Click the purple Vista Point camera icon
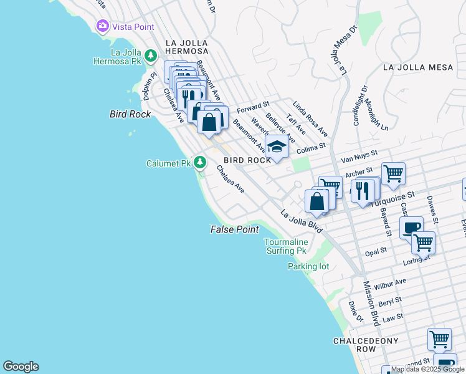pyautogui.click(x=102, y=26)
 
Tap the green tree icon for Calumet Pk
pyautogui.click(x=199, y=163)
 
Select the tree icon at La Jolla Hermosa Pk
pyautogui.click(x=150, y=56)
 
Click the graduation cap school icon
pyautogui.click(x=276, y=147)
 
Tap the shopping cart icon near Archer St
pyautogui.click(x=393, y=173)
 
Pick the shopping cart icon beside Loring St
pyautogui.click(x=423, y=241)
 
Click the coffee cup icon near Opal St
pyautogui.click(x=411, y=228)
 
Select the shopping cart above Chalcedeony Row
pyautogui.click(x=439, y=339)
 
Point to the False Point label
pyautogui.click(x=234, y=229)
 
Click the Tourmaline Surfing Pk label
pyautogui.click(x=285, y=246)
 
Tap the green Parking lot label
pyautogui.click(x=308, y=266)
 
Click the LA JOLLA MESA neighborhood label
pyautogui.click(x=417, y=67)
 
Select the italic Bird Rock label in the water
pyautogui.click(x=130, y=114)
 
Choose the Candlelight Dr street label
pyautogui.click(x=360, y=105)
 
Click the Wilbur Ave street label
pyautogui.click(x=391, y=284)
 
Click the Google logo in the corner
pyautogui.click(x=21, y=367)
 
